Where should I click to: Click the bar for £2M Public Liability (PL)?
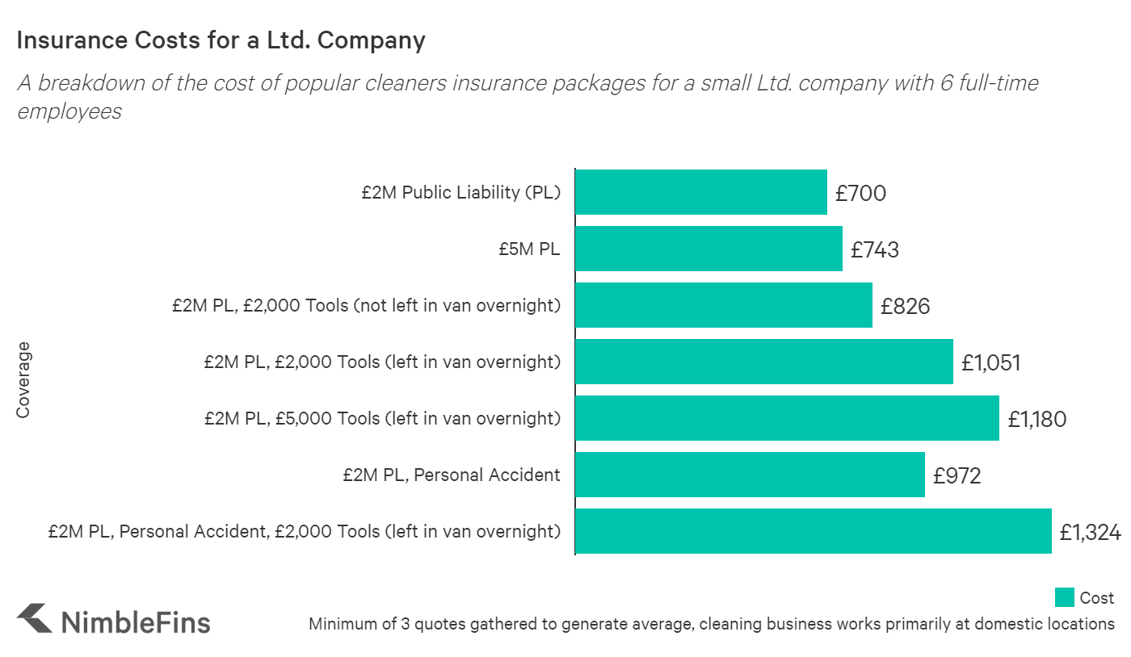700,192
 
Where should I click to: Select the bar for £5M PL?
708,249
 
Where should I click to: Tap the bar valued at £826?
723,305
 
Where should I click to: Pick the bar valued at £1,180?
787,418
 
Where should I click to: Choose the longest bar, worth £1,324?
813,531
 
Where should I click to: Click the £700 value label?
860,194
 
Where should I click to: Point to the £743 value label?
875,250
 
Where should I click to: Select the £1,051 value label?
990,363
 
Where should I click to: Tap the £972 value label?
957,476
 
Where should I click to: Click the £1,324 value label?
1090,533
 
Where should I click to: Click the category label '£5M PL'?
529,249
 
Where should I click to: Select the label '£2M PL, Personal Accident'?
451,475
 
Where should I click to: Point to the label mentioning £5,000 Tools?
382,418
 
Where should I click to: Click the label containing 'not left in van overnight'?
366,305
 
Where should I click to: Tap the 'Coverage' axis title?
23,379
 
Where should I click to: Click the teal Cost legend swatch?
1064,597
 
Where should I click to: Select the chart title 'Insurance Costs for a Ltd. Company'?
221,40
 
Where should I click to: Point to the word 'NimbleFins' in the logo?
136,622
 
